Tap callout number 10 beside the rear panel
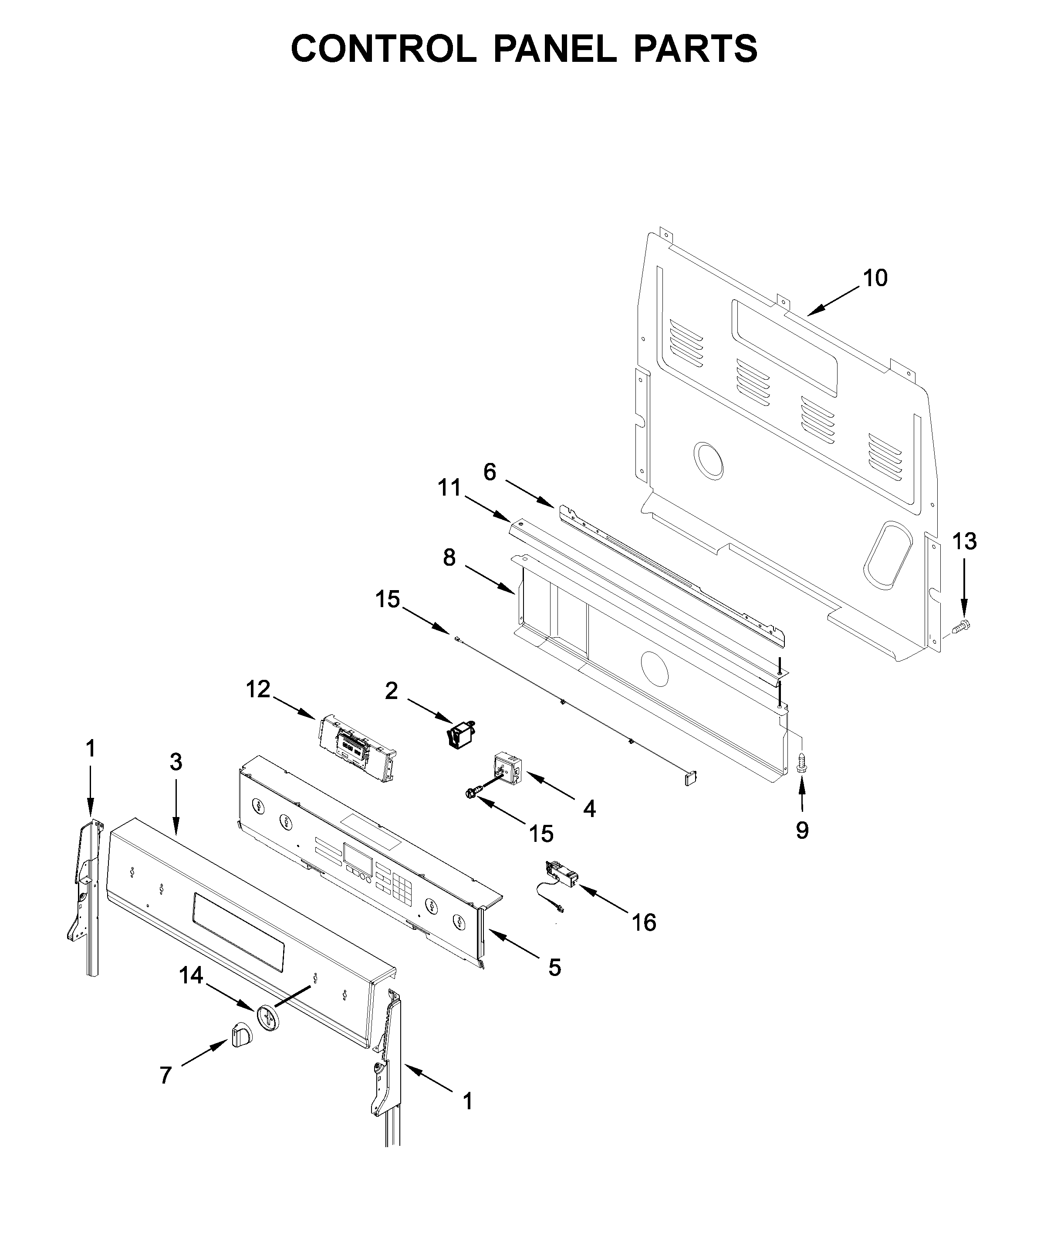875,278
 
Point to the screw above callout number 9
801,765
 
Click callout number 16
644,922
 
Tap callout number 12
258,689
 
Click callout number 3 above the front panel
176,762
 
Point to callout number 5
554,967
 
